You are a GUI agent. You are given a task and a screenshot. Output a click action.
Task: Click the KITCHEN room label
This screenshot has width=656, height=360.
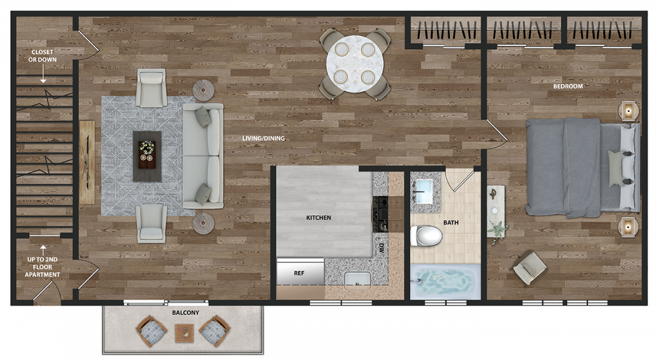coord(319,218)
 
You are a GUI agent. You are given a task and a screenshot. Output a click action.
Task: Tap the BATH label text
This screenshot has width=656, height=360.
coord(451,223)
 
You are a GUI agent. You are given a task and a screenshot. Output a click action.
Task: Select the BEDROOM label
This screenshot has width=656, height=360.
coord(568,86)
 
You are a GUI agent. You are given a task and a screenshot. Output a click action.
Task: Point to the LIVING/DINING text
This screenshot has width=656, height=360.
coord(263,138)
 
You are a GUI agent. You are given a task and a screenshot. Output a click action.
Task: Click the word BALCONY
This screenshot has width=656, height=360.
coord(186,312)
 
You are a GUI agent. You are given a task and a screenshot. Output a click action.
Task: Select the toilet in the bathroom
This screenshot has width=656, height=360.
coord(426,235)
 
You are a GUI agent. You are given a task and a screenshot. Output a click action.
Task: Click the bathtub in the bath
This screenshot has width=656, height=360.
coord(445,282)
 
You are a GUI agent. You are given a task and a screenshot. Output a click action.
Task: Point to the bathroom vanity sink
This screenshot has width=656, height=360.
coord(424,191)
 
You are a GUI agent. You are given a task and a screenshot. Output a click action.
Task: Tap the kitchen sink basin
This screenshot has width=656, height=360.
coord(358,281)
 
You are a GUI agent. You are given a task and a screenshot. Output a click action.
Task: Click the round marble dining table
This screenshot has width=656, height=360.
coord(355,64)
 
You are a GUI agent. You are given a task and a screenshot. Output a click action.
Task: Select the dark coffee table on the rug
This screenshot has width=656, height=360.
coord(147,156)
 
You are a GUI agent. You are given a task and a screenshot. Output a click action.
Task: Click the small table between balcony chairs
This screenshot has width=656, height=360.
coord(184,333)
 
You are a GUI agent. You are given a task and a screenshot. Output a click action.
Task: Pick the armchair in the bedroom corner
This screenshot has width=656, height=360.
coord(530,268)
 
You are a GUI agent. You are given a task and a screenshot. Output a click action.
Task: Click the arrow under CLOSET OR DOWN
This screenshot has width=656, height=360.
coord(43,73)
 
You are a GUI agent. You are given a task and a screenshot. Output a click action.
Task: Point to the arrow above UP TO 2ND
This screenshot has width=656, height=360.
coord(43,251)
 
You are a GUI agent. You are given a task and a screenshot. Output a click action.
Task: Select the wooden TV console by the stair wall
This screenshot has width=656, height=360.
coord(87,162)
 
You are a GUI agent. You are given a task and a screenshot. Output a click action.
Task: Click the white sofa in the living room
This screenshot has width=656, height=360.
coord(203,156)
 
